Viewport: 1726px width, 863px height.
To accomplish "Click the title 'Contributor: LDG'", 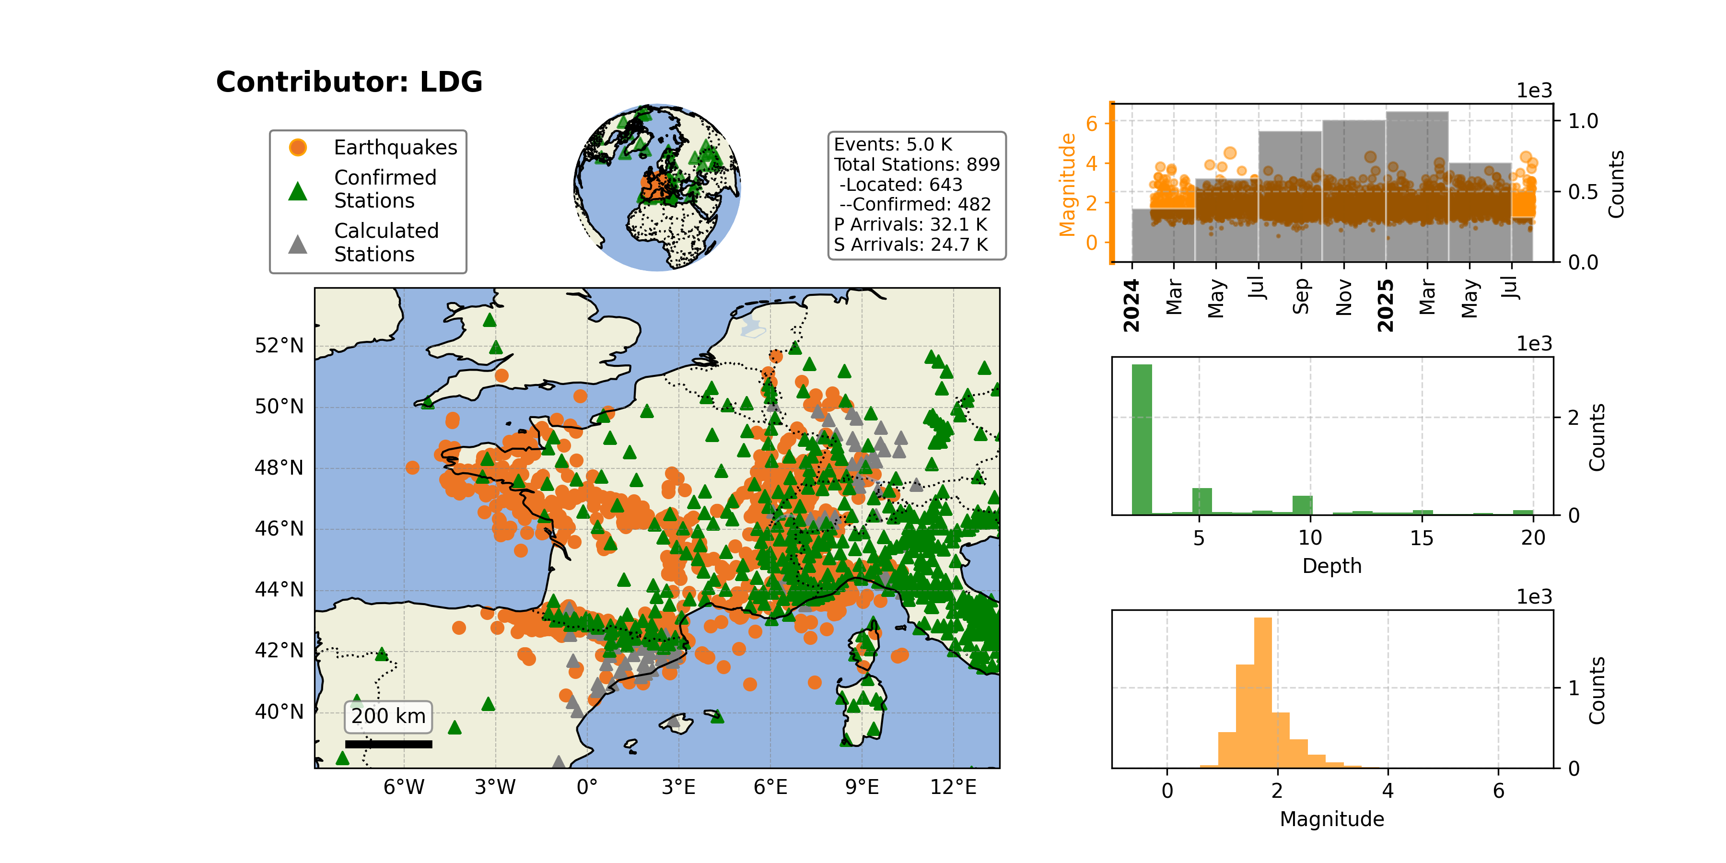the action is pyautogui.click(x=349, y=82).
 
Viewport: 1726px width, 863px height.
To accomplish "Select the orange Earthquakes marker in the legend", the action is pyautogui.click(x=297, y=147).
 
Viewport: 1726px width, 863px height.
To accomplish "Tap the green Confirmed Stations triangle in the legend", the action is pyautogui.click(x=297, y=191).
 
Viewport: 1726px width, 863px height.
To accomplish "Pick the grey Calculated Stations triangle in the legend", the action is pyautogui.click(x=297, y=244).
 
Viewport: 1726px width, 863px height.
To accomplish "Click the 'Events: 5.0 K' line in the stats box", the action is pyautogui.click(x=892, y=145).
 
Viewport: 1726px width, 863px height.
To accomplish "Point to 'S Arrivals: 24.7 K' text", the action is pyautogui.click(x=910, y=245).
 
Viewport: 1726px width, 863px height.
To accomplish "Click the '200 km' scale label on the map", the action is pyautogui.click(x=389, y=716).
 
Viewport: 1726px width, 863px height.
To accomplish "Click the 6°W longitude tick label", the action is pyautogui.click(x=404, y=787).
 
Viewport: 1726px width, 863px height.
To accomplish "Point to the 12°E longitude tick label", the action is pyautogui.click(x=954, y=787).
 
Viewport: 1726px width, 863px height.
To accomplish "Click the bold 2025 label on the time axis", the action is pyautogui.click(x=1386, y=305).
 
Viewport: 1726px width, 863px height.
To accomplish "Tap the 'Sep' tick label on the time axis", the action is pyautogui.click(x=1301, y=296).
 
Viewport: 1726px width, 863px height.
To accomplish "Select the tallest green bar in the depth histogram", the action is pyautogui.click(x=1142, y=440).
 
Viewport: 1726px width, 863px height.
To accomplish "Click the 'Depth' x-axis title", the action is pyautogui.click(x=1332, y=566).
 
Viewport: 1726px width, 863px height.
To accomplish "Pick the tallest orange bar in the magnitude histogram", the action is pyautogui.click(x=1262, y=693).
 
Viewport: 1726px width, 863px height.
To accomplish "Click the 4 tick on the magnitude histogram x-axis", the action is pyautogui.click(x=1388, y=791).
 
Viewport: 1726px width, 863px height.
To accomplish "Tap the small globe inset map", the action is pyautogui.click(x=657, y=187).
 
